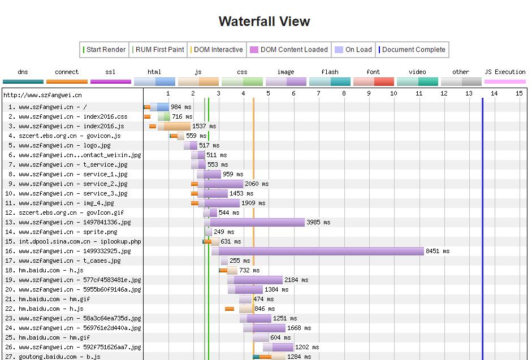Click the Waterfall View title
coord(264,21)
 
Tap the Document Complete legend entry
coord(413,50)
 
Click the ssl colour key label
coord(110,72)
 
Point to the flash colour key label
coord(330,72)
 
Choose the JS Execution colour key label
coord(505,72)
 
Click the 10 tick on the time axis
coord(393,93)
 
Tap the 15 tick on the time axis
coord(519,93)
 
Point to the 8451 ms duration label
coord(438,251)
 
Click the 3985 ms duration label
coord(318,222)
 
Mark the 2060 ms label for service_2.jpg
coord(257,184)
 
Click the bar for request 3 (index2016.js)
coord(175,126)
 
